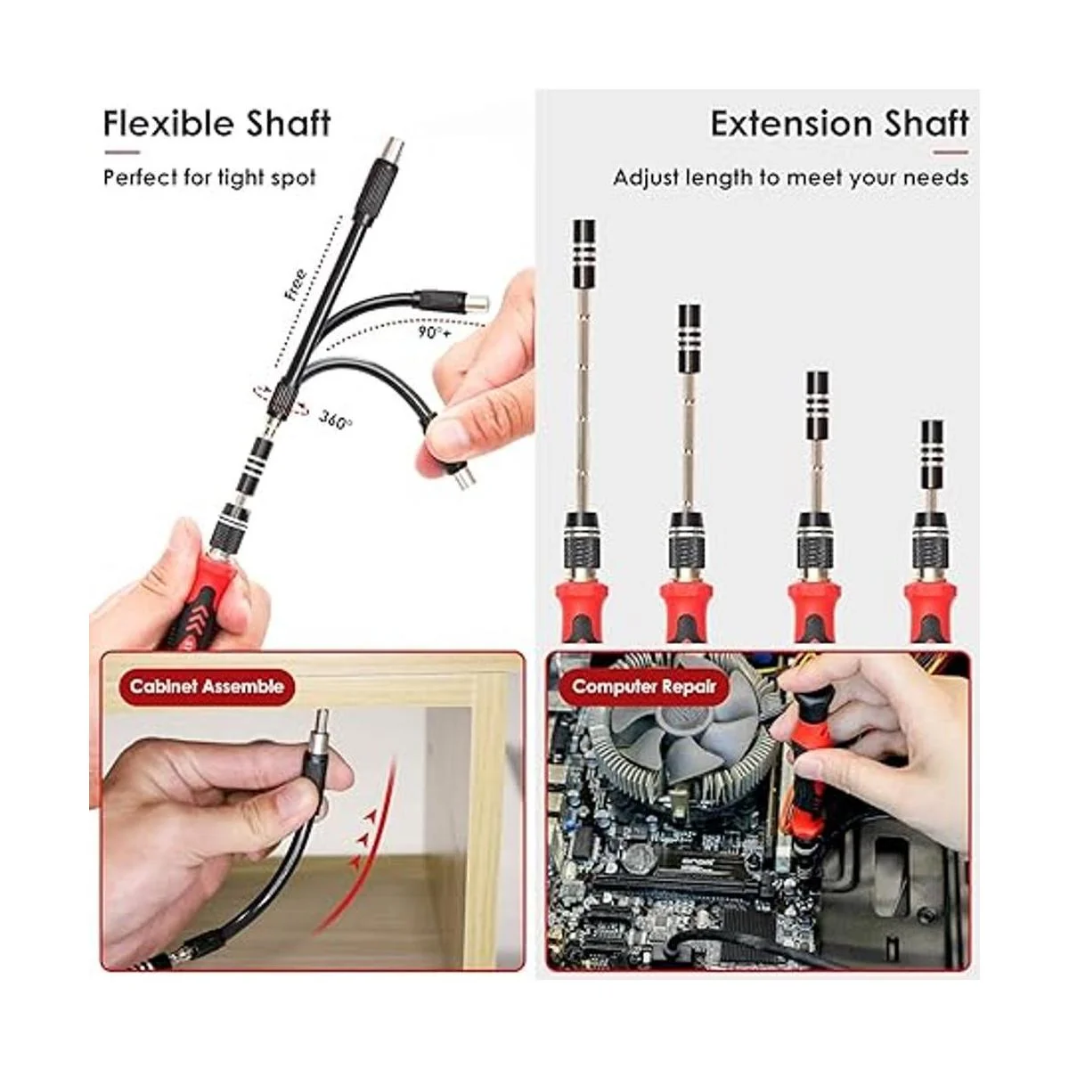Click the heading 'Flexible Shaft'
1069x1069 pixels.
pyautogui.click(x=217, y=123)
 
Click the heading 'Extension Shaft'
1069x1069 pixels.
pyautogui.click(x=840, y=123)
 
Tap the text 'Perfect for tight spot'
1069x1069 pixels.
pyautogui.click(x=209, y=178)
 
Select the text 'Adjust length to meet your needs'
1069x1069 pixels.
pyautogui.click(x=791, y=178)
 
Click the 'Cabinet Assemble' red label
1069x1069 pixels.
pyautogui.click(x=207, y=686)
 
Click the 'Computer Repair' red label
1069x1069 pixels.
pyautogui.click(x=643, y=686)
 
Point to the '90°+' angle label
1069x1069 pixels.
pyautogui.click(x=436, y=332)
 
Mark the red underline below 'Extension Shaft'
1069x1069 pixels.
pyautogui.click(x=951, y=152)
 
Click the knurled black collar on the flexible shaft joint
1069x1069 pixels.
pyautogui.click(x=281, y=396)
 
